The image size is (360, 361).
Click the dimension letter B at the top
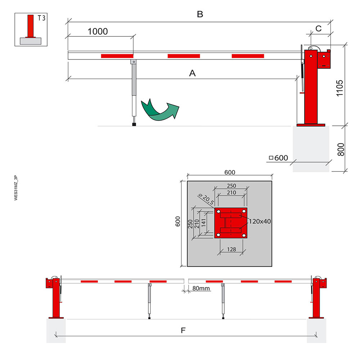pos(200,14)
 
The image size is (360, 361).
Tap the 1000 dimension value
pos(98,31)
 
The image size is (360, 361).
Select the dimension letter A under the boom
pos(192,73)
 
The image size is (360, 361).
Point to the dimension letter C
pos(318,28)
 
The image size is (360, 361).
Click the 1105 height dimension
pos(339,88)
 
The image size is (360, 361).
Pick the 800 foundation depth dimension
pos(341,150)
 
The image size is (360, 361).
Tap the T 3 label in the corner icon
pos(41,18)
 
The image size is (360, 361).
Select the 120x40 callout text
pos(260,222)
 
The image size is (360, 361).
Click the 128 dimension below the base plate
pos(231,249)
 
